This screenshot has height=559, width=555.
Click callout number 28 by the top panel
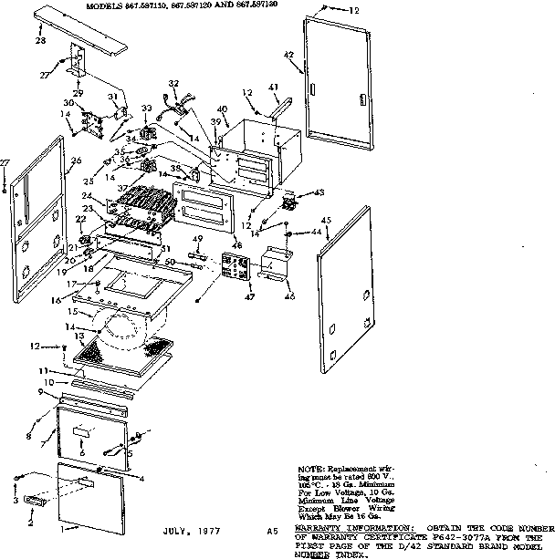click(40, 41)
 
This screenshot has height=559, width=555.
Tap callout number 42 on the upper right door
click(288, 56)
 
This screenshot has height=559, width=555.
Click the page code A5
click(272, 530)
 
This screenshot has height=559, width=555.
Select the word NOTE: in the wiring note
click(311, 466)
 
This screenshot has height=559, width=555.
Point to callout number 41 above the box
click(274, 87)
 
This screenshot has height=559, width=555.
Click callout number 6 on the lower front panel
click(82, 452)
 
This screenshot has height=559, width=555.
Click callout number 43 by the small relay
click(319, 192)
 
